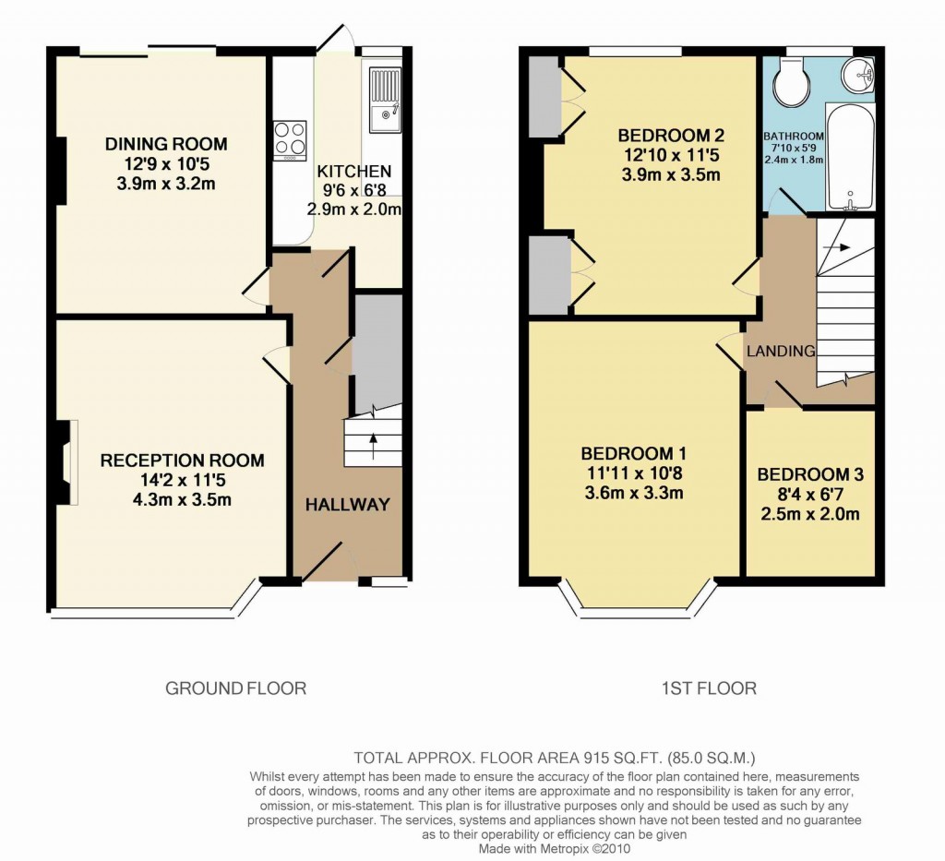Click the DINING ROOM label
166,144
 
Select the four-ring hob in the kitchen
290,139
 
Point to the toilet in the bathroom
791,81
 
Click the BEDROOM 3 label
810,474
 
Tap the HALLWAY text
348,504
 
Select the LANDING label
781,351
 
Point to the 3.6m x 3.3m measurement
633,492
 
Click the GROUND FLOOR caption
235,688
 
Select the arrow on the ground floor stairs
373,443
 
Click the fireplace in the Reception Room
68,462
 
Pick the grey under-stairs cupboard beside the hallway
378,351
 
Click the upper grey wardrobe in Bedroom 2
544,97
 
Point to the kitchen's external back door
338,37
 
